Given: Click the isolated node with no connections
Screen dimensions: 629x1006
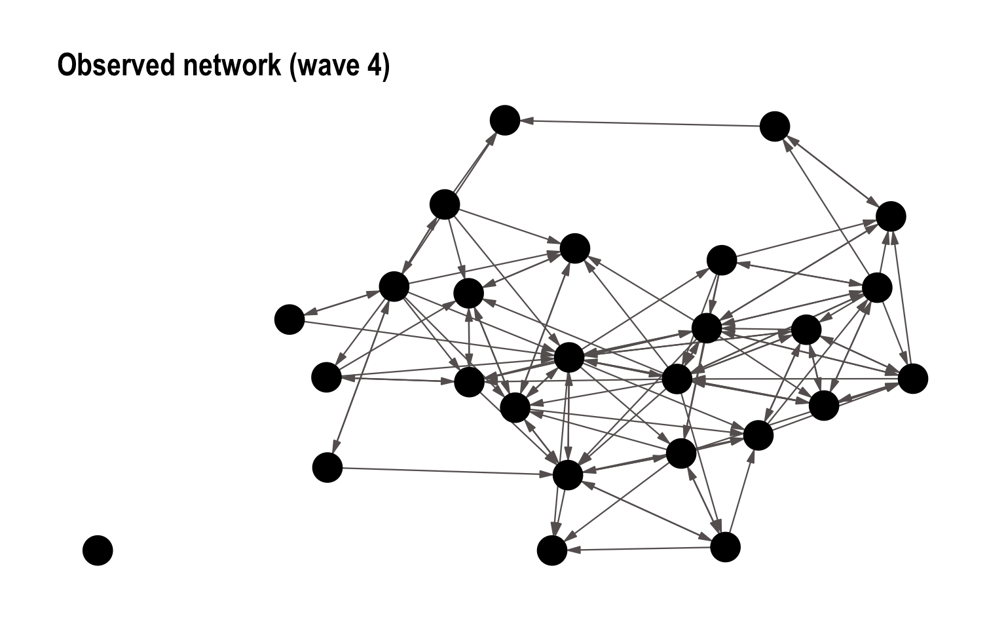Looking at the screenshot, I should coord(98,550).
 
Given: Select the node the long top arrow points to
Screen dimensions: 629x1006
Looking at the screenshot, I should coord(505,121).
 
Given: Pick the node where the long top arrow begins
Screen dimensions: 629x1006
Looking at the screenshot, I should coord(775,126).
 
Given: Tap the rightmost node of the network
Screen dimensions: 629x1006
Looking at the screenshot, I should coord(913,379).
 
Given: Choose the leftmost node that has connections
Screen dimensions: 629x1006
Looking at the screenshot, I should coord(289,319).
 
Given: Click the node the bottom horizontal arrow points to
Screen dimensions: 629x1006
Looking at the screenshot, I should coord(552,550).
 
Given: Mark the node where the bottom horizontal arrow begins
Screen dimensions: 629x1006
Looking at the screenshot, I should coord(725,547).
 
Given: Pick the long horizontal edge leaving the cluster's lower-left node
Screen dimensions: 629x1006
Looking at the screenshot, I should coord(445,471).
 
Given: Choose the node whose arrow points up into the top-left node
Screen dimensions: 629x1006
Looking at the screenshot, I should coord(445,204).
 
